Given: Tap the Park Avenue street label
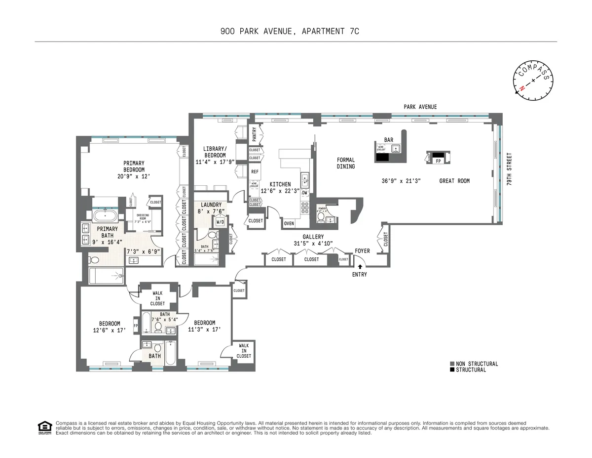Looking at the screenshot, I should [x=420, y=107].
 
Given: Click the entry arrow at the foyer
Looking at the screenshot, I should [x=360, y=267].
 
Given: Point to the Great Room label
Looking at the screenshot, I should [x=454, y=181].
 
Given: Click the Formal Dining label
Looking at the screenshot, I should [x=346, y=163].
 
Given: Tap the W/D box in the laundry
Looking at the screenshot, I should [x=220, y=222].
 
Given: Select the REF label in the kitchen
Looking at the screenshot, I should [x=255, y=171].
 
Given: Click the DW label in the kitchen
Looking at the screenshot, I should [x=305, y=193].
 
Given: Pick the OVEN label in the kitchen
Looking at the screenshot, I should [x=289, y=223].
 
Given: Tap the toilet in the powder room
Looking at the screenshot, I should [x=321, y=216].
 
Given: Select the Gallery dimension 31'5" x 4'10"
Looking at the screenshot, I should [x=313, y=243].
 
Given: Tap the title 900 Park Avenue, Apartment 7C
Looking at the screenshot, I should [x=290, y=31].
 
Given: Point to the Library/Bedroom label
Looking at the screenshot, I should [x=215, y=155].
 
